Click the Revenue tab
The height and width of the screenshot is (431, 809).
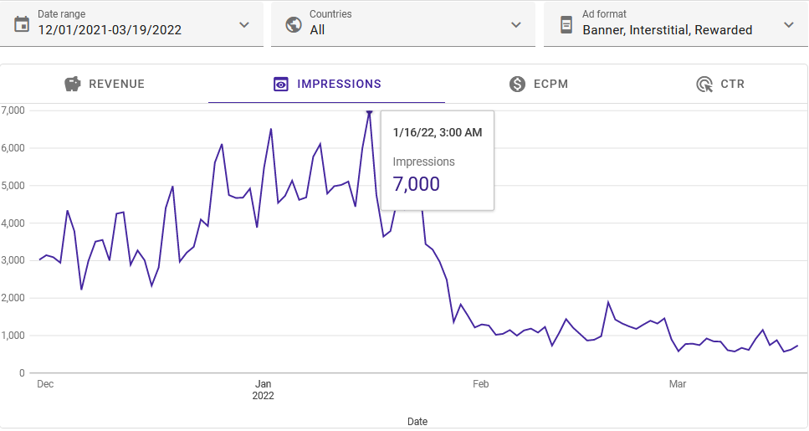coord(105,84)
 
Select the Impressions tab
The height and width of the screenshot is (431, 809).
coord(327,84)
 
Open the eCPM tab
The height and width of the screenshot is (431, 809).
coord(528,84)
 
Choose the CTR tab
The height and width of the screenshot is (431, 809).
coord(720,84)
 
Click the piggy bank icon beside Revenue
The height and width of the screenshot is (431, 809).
coord(73,84)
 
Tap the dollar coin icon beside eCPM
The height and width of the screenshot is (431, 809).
coord(517,84)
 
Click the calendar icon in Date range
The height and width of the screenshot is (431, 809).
coord(22,23)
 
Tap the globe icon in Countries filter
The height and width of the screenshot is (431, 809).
coord(293,23)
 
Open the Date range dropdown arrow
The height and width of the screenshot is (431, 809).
coord(244,24)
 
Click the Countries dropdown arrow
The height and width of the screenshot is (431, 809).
coord(516,24)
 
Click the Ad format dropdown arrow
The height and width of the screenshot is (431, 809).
coord(789,24)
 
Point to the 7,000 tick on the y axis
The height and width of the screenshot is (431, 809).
coord(13,110)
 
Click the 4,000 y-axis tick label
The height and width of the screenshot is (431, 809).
coord(13,223)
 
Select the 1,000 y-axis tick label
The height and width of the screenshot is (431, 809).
coord(13,336)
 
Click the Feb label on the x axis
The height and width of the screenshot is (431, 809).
coord(480,384)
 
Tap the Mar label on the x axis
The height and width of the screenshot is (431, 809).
coord(678,384)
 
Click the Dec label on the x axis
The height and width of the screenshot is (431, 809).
coord(45,384)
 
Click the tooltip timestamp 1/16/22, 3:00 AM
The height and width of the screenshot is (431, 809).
coord(437,132)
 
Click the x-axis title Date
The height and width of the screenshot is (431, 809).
coord(417,421)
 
